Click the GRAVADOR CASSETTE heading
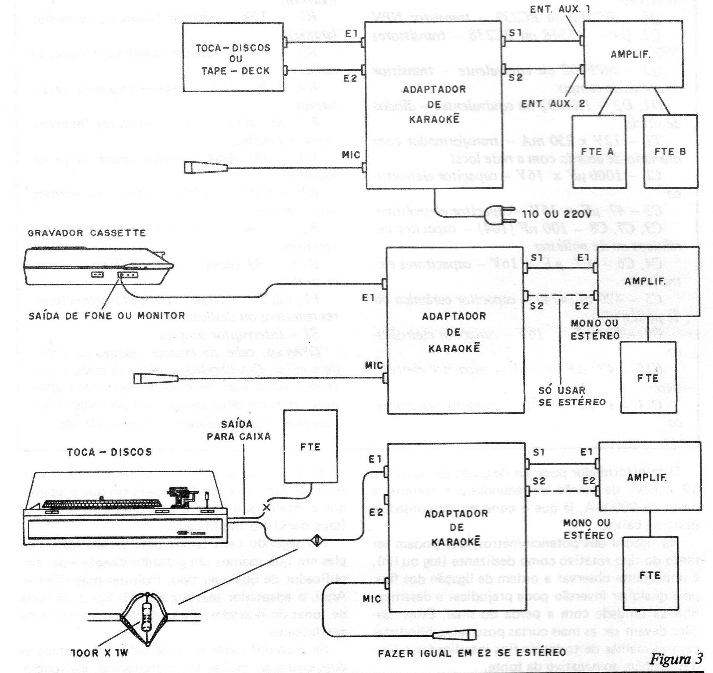pos(87,233)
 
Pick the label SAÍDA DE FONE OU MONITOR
pos(107,316)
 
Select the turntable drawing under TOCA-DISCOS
pos(125,508)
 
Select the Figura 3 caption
pos(676,658)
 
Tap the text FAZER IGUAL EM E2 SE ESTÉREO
pos(472,652)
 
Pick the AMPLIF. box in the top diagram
pos(633,54)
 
